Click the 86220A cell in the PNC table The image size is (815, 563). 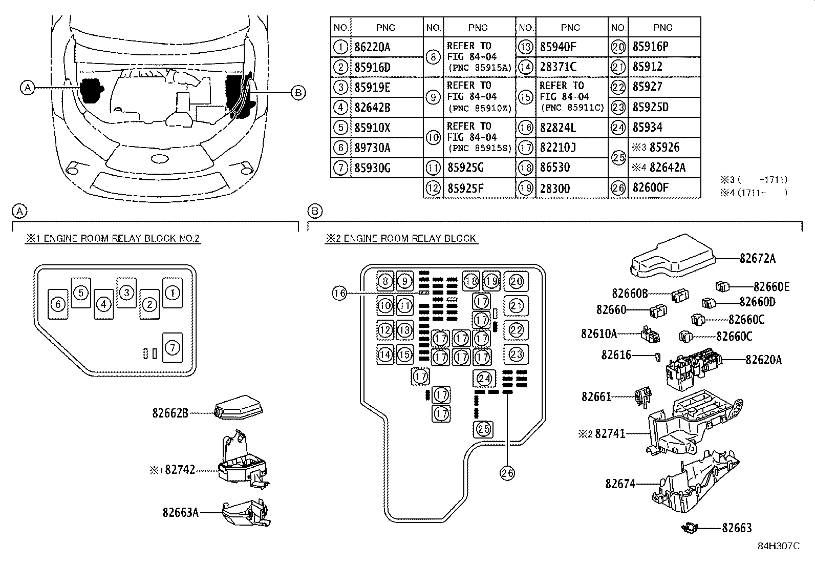(x=372, y=47)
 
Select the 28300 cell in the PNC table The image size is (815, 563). (x=554, y=189)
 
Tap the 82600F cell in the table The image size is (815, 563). (x=650, y=188)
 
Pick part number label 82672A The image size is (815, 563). (x=757, y=259)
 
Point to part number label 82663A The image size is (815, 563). (x=180, y=512)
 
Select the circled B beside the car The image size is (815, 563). (x=298, y=93)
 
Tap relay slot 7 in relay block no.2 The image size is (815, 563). (x=173, y=348)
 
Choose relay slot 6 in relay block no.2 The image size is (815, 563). (x=58, y=304)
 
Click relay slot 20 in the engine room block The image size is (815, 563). (x=516, y=281)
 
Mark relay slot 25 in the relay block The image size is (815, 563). (x=484, y=429)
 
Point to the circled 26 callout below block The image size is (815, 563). (x=507, y=473)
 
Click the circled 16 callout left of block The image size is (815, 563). (x=339, y=293)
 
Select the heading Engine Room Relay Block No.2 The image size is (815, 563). (x=113, y=239)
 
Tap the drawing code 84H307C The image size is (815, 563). (x=778, y=546)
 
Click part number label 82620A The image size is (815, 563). (x=763, y=360)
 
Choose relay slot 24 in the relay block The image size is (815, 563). (x=484, y=379)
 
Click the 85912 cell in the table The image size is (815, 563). (x=647, y=67)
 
